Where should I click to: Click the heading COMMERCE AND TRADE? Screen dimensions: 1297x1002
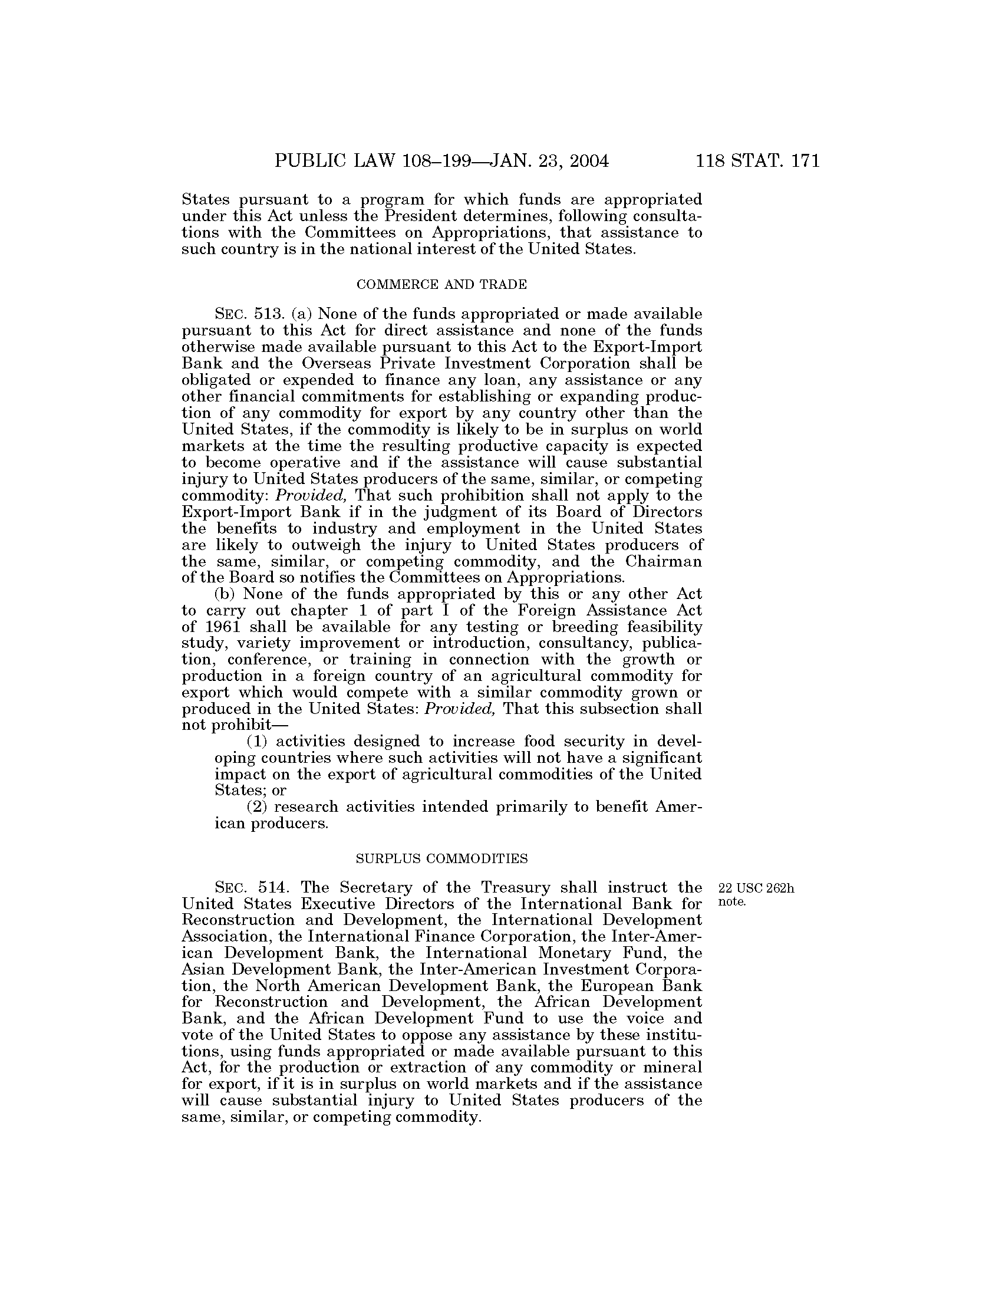441,285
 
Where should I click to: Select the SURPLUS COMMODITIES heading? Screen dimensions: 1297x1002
441,859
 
